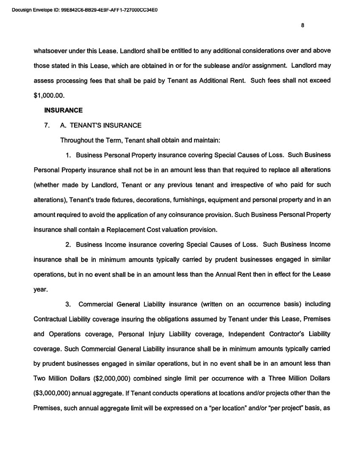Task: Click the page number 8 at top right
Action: click(302, 25)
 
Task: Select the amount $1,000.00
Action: click(49, 95)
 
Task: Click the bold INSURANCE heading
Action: click(63, 110)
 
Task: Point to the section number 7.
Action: click(47, 125)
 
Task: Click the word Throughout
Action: click(77, 140)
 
